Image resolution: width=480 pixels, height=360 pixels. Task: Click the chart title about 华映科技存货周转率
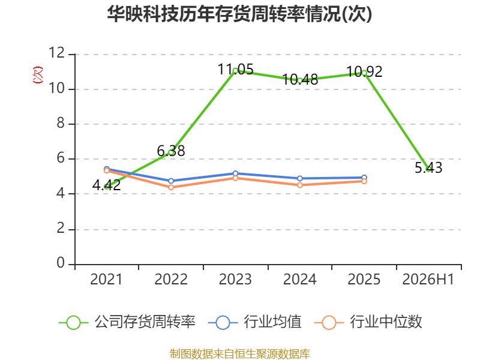239,14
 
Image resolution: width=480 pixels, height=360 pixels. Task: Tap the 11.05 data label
235,69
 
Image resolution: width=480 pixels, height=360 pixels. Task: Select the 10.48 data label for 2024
300,80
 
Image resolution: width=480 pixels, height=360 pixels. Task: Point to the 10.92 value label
364,72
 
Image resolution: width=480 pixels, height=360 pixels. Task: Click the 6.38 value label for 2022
171,151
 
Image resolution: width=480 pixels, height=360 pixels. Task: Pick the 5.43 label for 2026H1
428,167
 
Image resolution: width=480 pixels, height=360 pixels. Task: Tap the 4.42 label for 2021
107,185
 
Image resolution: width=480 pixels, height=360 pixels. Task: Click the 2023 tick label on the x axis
235,279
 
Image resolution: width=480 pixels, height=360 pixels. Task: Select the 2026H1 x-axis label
428,279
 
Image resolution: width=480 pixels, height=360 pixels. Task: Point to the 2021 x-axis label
106,279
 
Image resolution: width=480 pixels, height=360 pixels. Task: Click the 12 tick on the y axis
56,53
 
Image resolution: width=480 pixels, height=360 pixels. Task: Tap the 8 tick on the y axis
61,123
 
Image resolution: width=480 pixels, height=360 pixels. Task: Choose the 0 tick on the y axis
61,263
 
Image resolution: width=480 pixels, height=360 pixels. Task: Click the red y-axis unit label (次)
38,74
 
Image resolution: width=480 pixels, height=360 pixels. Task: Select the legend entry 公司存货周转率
127,322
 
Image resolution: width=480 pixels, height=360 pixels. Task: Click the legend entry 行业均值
254,322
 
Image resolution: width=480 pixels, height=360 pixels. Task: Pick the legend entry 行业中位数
368,322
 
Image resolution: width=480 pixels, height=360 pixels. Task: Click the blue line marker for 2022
171,181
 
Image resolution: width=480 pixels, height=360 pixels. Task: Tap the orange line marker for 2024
299,185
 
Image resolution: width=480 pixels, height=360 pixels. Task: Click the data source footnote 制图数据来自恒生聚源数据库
239,354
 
